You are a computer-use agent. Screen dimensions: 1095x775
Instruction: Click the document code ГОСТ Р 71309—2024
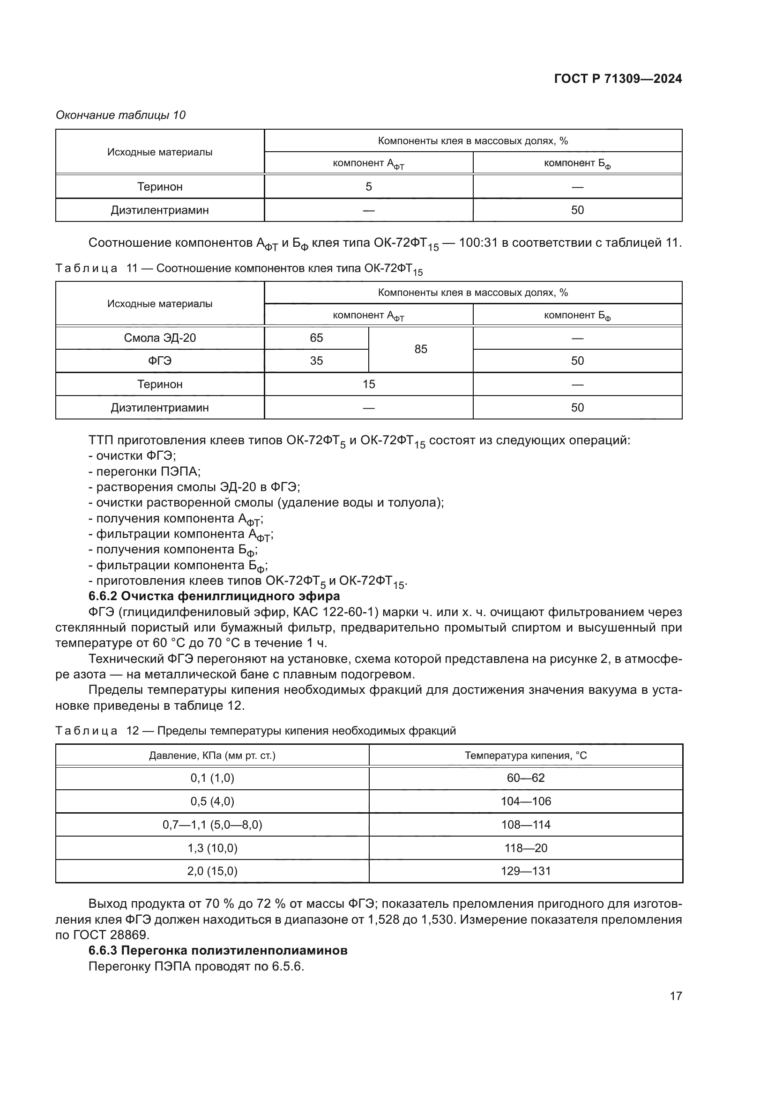click(x=618, y=79)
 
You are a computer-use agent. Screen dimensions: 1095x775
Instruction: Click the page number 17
click(x=675, y=996)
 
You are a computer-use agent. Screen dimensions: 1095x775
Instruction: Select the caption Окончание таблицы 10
click(x=120, y=115)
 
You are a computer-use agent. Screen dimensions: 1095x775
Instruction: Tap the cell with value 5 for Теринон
click(x=368, y=186)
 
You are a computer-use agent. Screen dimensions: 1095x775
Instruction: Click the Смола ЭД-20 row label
click(x=160, y=338)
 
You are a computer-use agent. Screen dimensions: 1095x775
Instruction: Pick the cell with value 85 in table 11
click(x=420, y=349)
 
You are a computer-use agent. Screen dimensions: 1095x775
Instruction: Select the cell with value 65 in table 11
click(x=316, y=338)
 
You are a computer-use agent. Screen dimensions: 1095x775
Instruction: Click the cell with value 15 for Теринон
click(x=368, y=384)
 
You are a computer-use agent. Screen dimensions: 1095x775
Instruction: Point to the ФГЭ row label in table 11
click(x=160, y=361)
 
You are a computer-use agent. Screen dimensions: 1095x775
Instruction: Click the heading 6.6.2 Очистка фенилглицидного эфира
click(x=214, y=596)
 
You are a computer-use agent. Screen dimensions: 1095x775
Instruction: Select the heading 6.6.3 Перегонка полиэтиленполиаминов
click(x=217, y=950)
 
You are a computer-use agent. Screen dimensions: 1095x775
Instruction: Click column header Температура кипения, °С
click(x=525, y=756)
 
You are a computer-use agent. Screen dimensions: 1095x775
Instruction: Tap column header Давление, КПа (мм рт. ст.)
click(x=212, y=756)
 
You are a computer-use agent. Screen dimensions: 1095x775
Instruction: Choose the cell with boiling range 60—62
click(x=525, y=778)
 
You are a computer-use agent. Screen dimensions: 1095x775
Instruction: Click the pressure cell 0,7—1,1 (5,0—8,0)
click(x=212, y=824)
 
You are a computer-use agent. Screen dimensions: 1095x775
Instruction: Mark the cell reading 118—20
click(x=525, y=848)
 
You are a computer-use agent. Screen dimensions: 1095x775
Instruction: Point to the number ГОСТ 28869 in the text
click(x=111, y=935)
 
